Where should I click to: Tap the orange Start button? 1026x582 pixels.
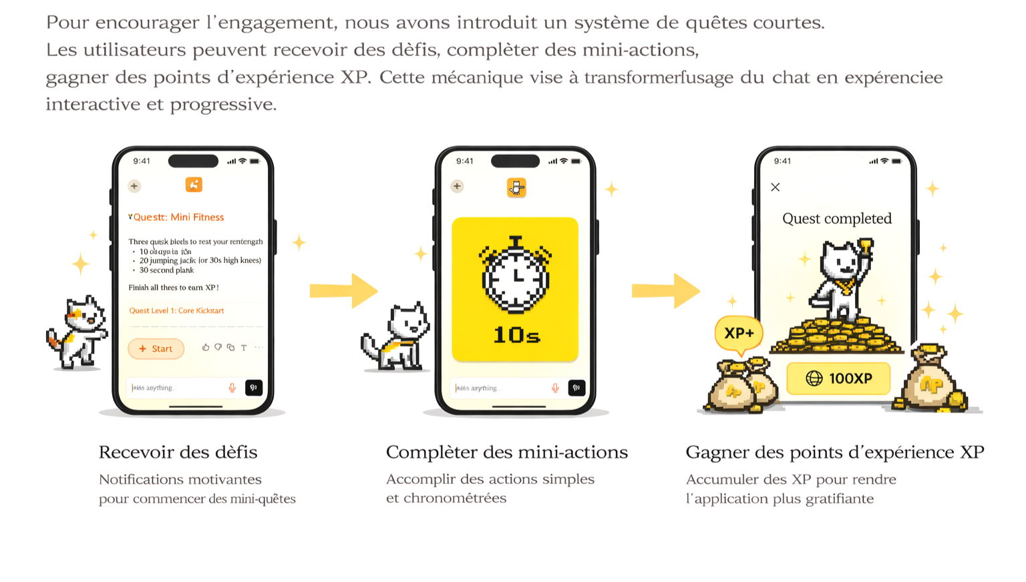[x=156, y=348]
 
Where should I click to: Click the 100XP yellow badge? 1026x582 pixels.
[x=838, y=378]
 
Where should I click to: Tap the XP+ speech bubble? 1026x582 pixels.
[x=739, y=332]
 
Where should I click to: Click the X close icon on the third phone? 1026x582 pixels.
[x=775, y=187]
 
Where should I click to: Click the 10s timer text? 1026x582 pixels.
[x=516, y=334]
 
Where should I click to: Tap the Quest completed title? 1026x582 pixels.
[x=836, y=218]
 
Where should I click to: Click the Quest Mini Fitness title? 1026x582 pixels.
[x=178, y=217]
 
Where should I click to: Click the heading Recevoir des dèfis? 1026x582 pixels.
[x=178, y=452]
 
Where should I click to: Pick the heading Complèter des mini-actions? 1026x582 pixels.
[x=506, y=452]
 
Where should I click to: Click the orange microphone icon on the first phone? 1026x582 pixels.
[x=232, y=388]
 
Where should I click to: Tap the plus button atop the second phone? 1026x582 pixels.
[x=457, y=186]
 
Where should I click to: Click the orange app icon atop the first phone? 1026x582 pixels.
[x=194, y=185]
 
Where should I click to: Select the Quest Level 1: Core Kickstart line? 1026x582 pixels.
[x=176, y=310]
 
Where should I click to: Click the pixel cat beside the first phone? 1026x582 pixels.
[x=78, y=332]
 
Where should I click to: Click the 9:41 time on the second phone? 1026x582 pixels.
[x=465, y=161]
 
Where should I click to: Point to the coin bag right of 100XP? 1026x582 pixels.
[x=932, y=380]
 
